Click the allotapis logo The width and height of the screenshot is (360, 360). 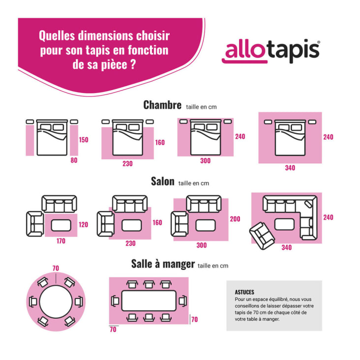pyautogui.click(x=271, y=51)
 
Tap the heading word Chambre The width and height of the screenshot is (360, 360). pyautogui.click(x=163, y=105)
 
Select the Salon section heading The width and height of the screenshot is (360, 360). pyautogui.click(x=162, y=181)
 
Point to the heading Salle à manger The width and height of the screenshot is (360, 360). pyautogui.click(x=163, y=264)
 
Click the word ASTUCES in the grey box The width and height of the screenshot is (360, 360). pyautogui.click(x=245, y=292)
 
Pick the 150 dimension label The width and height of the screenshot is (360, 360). pyautogui.click(x=84, y=140)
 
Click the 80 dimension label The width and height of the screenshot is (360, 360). pyautogui.click(x=74, y=160)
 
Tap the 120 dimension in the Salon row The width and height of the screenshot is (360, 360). pyautogui.click(x=83, y=225)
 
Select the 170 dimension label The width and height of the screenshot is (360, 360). pyautogui.click(x=60, y=241)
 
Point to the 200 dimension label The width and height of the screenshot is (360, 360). pyautogui.click(x=235, y=219)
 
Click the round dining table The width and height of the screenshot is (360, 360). pyautogui.click(x=56, y=301)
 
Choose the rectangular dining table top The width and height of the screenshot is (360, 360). pyautogui.click(x=149, y=300)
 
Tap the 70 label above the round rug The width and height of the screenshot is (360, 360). pyautogui.click(x=56, y=268)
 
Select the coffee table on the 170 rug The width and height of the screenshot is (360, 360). pyautogui.click(x=61, y=225)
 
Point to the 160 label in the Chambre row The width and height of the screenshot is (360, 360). pyautogui.click(x=160, y=143)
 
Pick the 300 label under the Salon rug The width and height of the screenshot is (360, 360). pyautogui.click(x=202, y=245)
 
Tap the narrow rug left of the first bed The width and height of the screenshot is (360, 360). pyautogui.click(x=30, y=140)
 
